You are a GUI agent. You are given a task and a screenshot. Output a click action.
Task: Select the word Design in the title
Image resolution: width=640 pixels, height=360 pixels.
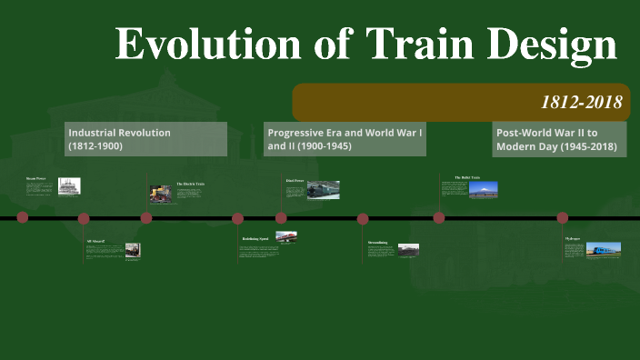[546, 46]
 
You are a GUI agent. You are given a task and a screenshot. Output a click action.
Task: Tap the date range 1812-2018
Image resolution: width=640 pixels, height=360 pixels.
[582, 102]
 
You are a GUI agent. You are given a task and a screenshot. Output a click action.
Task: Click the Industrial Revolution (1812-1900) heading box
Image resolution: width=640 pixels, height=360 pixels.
[145, 139]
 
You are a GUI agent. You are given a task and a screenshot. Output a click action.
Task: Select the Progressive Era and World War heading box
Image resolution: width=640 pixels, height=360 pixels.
[345, 139]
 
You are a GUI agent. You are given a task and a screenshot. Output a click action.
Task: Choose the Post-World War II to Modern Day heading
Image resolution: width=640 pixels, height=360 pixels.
[559, 139]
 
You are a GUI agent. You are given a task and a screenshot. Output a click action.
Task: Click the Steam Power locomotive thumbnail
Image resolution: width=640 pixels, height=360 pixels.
[69, 186]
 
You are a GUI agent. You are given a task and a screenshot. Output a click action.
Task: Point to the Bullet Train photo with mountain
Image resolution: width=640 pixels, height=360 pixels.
[483, 190]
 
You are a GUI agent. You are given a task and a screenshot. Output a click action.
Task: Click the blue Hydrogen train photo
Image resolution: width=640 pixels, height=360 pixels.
[604, 248]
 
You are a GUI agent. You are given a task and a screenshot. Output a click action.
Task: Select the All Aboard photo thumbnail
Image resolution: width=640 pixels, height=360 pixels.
[131, 249]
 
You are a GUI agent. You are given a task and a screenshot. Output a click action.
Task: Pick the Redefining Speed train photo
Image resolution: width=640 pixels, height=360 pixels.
[286, 237]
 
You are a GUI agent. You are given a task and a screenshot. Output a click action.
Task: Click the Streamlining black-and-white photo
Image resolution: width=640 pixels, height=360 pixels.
[408, 249]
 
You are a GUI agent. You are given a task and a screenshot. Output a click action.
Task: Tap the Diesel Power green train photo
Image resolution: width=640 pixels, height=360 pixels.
[323, 189]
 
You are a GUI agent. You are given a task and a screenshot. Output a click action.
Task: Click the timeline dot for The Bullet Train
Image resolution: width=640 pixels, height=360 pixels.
[439, 217]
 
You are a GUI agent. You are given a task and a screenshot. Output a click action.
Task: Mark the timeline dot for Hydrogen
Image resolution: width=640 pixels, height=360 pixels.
[562, 217]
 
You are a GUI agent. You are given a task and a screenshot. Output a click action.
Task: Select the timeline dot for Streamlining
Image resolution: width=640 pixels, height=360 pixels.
[363, 218]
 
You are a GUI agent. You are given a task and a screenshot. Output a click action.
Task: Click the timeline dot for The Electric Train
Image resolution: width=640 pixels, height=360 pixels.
[145, 218]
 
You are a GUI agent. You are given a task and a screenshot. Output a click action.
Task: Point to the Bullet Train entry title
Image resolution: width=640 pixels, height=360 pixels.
[466, 177]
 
